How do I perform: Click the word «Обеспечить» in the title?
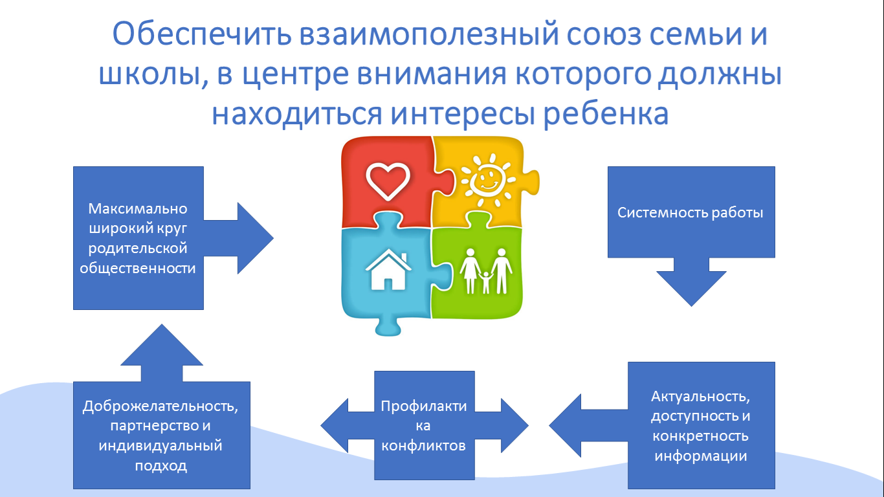[202, 34]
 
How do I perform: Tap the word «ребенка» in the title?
[606, 115]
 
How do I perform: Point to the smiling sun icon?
[489, 180]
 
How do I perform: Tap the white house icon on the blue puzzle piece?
[388, 270]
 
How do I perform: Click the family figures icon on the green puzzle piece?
[486, 271]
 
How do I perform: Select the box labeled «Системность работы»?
[691, 212]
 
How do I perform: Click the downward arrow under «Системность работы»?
[691, 282]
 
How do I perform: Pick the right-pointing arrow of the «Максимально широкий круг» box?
[239, 238]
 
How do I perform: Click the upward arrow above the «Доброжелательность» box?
[161, 353]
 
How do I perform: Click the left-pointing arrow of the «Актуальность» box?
[588, 426]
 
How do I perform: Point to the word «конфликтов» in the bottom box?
[423, 446]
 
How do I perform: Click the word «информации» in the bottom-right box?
[700, 456]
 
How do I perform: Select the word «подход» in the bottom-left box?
[161, 466]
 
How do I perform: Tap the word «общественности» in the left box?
[138, 268]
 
